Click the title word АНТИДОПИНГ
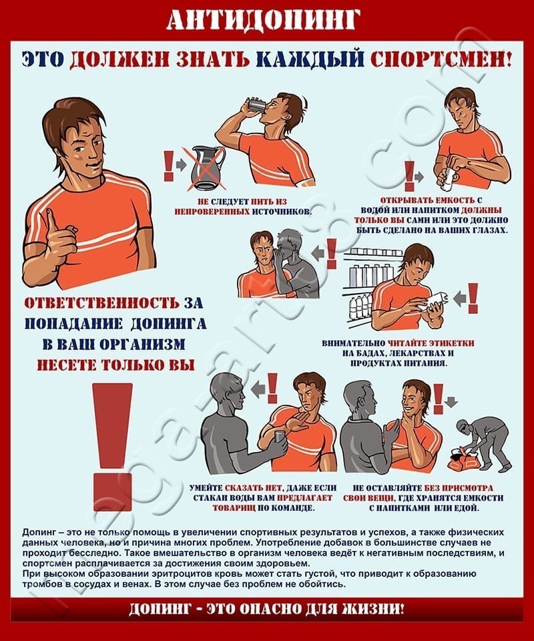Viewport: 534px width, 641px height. click(264, 19)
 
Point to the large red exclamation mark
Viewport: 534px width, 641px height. click(112, 447)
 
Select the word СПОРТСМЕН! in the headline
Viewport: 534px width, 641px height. click(441, 59)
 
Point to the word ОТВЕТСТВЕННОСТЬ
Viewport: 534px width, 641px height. click(101, 303)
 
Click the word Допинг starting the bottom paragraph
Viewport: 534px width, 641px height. click(38, 533)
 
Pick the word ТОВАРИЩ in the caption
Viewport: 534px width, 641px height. click(234, 508)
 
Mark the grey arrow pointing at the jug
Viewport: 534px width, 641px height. click(181, 165)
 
